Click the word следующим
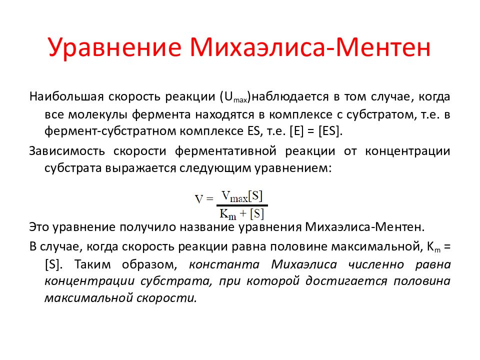[217, 168]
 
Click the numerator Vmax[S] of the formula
[242, 195]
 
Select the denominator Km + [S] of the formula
[242, 214]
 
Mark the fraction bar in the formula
[242, 205]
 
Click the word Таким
[93, 263]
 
